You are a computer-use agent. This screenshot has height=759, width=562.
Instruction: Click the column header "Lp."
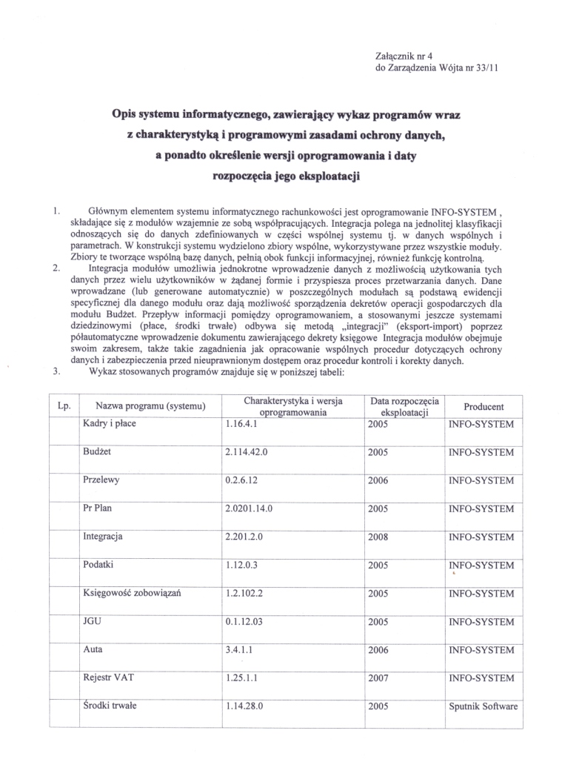[63, 406]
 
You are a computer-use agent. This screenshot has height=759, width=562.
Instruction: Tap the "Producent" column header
[484, 407]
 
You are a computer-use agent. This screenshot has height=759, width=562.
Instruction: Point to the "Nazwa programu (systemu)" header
[150, 407]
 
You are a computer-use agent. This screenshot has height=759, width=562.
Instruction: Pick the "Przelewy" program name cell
[101, 480]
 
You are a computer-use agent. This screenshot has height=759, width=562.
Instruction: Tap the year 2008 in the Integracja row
[378, 537]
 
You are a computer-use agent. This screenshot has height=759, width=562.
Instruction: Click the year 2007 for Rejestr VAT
[378, 677]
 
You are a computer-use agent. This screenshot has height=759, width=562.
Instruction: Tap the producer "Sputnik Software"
[484, 706]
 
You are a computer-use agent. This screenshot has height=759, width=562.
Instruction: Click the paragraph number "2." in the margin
[56, 268]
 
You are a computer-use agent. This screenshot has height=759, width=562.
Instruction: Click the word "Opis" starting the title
[124, 114]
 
